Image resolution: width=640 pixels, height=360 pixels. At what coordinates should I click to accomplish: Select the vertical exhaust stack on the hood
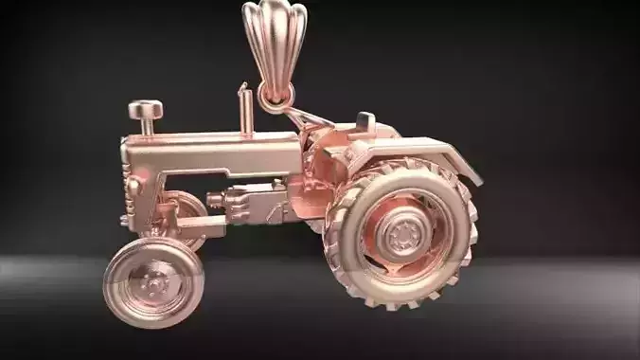(245, 111)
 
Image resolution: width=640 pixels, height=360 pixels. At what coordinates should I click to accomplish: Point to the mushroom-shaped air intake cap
(145, 111)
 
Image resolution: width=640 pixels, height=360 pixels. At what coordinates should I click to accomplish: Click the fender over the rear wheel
(417, 152)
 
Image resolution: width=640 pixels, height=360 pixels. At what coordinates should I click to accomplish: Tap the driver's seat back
(364, 122)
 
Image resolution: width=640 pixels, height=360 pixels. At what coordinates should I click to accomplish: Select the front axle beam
(199, 226)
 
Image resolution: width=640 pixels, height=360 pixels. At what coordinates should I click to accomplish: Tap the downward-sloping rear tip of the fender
(473, 174)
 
